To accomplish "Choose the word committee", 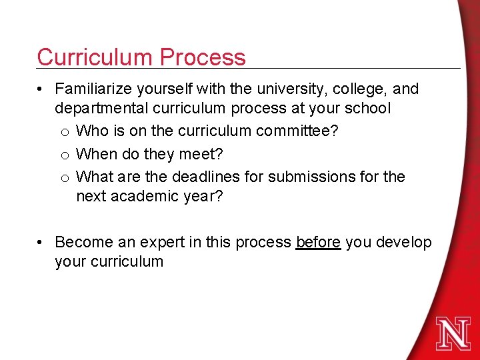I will (x=294, y=131).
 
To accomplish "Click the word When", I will (x=97, y=154).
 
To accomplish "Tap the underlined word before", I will (x=318, y=242).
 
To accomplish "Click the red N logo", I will (x=453, y=333).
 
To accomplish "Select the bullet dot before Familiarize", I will (x=41, y=89).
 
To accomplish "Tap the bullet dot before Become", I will (x=41, y=243).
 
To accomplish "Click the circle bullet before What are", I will (x=65, y=178).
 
